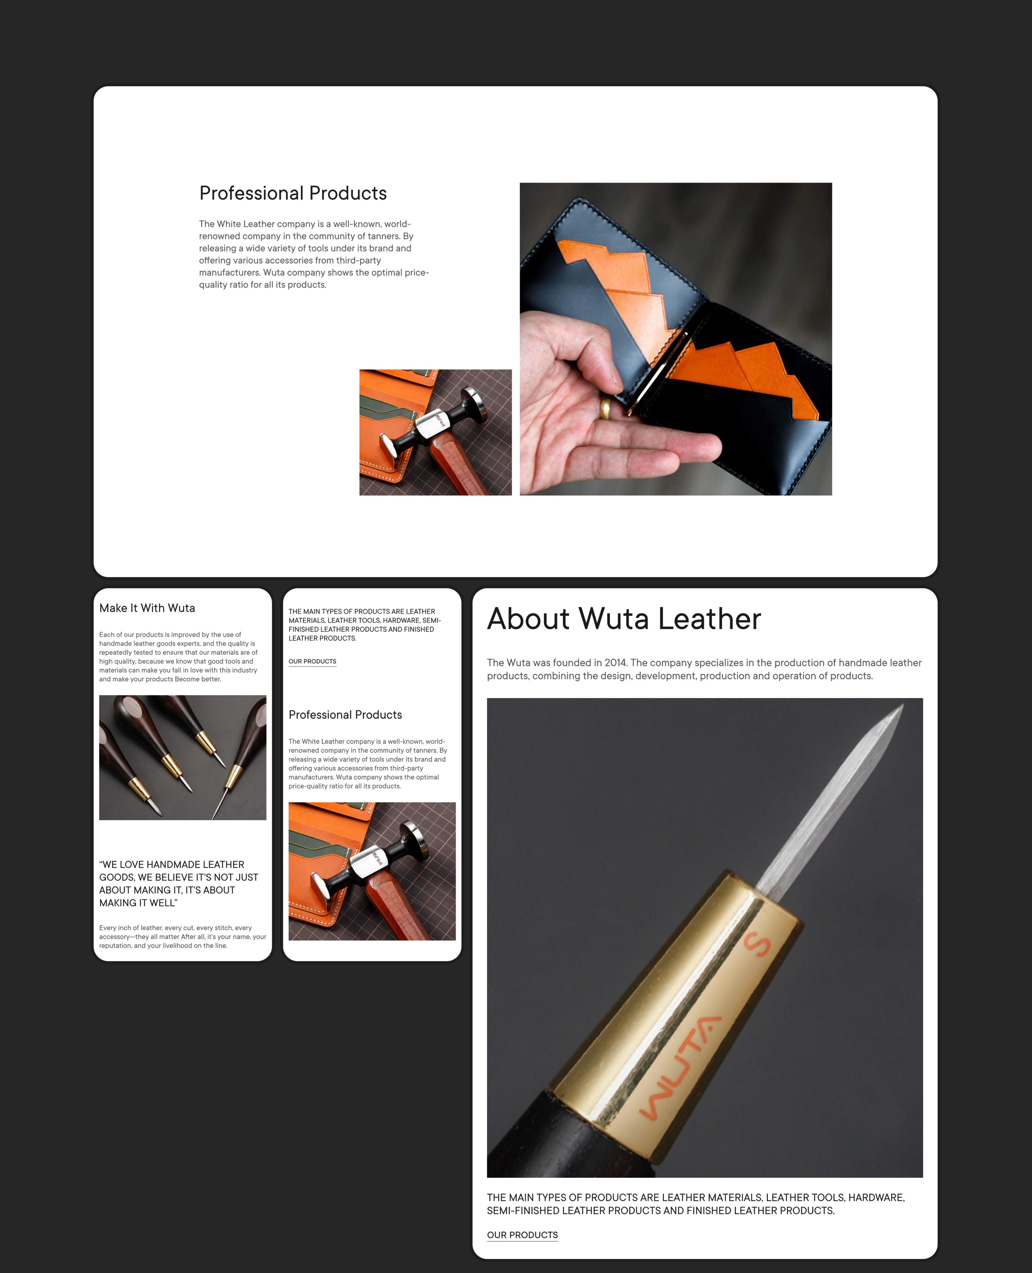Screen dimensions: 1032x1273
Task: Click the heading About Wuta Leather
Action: pyautogui.click(x=624, y=619)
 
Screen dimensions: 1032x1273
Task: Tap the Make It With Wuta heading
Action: pyautogui.click(x=147, y=608)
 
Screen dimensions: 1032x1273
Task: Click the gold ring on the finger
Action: pyautogui.click(x=605, y=408)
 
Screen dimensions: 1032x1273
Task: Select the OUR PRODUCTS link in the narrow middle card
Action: pyautogui.click(x=312, y=661)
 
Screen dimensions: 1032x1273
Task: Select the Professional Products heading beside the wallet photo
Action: pyautogui.click(x=293, y=193)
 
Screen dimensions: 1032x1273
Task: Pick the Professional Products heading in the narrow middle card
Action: pyautogui.click(x=345, y=715)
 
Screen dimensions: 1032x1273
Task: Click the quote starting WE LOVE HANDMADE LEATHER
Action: pyautogui.click(x=178, y=884)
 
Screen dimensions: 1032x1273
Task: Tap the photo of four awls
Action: pyautogui.click(x=183, y=758)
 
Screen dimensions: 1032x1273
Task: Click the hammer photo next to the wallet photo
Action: pyautogui.click(x=435, y=432)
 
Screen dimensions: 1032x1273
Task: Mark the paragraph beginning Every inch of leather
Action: pyautogui.click(x=183, y=937)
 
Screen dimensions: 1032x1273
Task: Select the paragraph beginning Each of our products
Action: pyautogui.click(x=178, y=657)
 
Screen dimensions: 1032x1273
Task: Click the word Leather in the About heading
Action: pyautogui.click(x=709, y=619)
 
